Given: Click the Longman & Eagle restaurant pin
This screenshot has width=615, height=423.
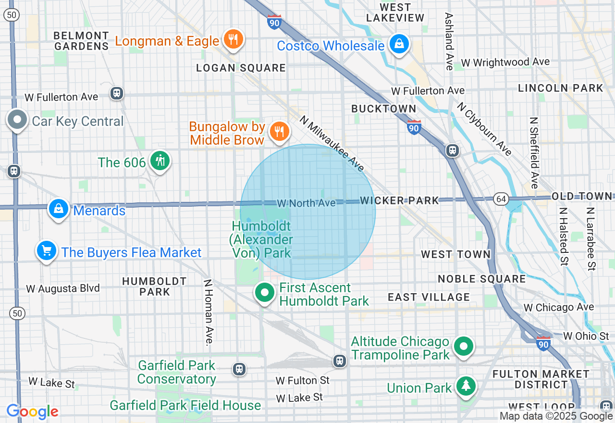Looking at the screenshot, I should pos(234,39).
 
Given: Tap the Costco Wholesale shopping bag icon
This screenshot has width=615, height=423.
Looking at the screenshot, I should pos(399,44).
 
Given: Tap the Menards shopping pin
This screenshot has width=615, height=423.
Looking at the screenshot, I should pos(59,209).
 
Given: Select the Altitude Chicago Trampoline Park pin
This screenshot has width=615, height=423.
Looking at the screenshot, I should pos(464,346).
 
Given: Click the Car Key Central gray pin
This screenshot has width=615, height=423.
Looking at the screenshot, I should pos(18,120).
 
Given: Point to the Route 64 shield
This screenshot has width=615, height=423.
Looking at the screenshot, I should pos(501,199).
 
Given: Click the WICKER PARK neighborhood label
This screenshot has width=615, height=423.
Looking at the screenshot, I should pos(399,200).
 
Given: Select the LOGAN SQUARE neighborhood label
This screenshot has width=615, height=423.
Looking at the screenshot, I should pos(241,68).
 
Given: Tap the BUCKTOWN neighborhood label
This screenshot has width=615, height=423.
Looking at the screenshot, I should pos(383,109).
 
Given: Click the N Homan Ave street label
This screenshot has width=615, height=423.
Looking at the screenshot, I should pos(208,312).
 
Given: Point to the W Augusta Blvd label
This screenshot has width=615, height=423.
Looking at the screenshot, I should pos(63,288).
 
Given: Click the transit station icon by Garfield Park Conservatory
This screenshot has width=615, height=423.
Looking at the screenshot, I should pos(239,369).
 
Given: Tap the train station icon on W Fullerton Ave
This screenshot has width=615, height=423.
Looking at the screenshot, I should pos(117,93).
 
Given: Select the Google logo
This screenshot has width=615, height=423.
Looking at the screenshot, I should pos(32,412).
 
